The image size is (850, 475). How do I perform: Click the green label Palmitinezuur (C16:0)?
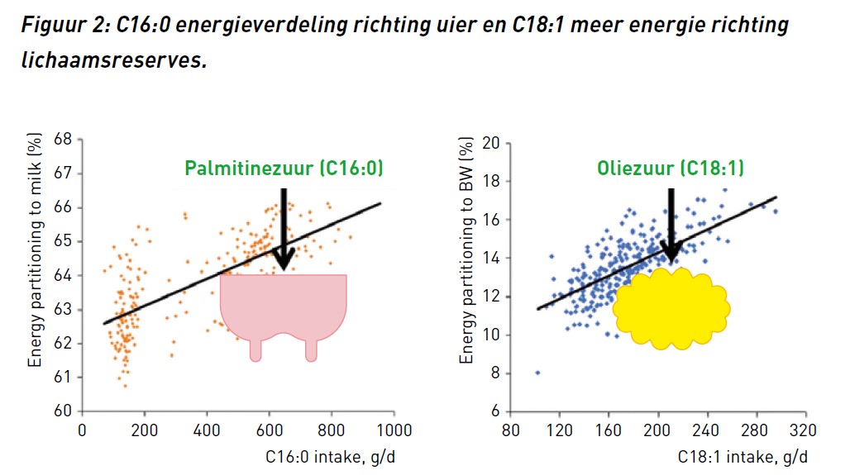[x=284, y=169]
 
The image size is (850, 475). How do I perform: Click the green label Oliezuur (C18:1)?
[x=670, y=169]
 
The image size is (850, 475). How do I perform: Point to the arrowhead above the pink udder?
[x=283, y=258]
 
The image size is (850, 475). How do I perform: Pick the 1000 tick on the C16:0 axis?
[x=393, y=430]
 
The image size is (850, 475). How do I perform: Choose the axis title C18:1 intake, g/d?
[x=743, y=456]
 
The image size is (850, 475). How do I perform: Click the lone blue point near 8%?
[x=537, y=373]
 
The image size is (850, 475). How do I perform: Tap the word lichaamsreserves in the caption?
[x=112, y=61]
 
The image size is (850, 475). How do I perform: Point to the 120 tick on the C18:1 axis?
[x=559, y=430]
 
